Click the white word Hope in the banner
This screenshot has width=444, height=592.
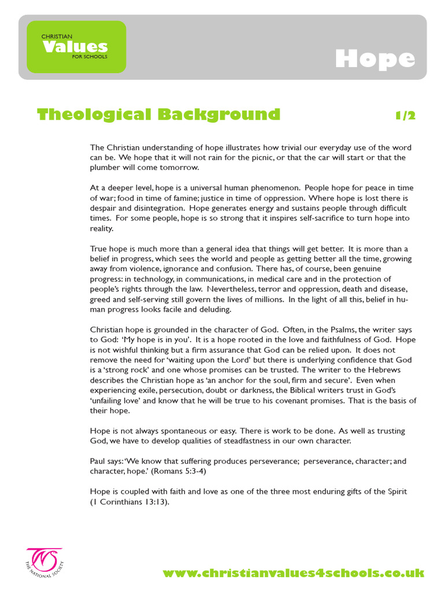coord(375,59)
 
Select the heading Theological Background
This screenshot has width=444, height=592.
coord(158,114)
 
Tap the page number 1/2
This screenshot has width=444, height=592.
coord(405,115)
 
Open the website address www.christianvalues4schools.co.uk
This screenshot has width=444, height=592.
coord(293,573)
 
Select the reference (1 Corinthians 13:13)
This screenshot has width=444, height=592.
coord(129,502)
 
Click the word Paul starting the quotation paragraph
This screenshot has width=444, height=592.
coord(98,461)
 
